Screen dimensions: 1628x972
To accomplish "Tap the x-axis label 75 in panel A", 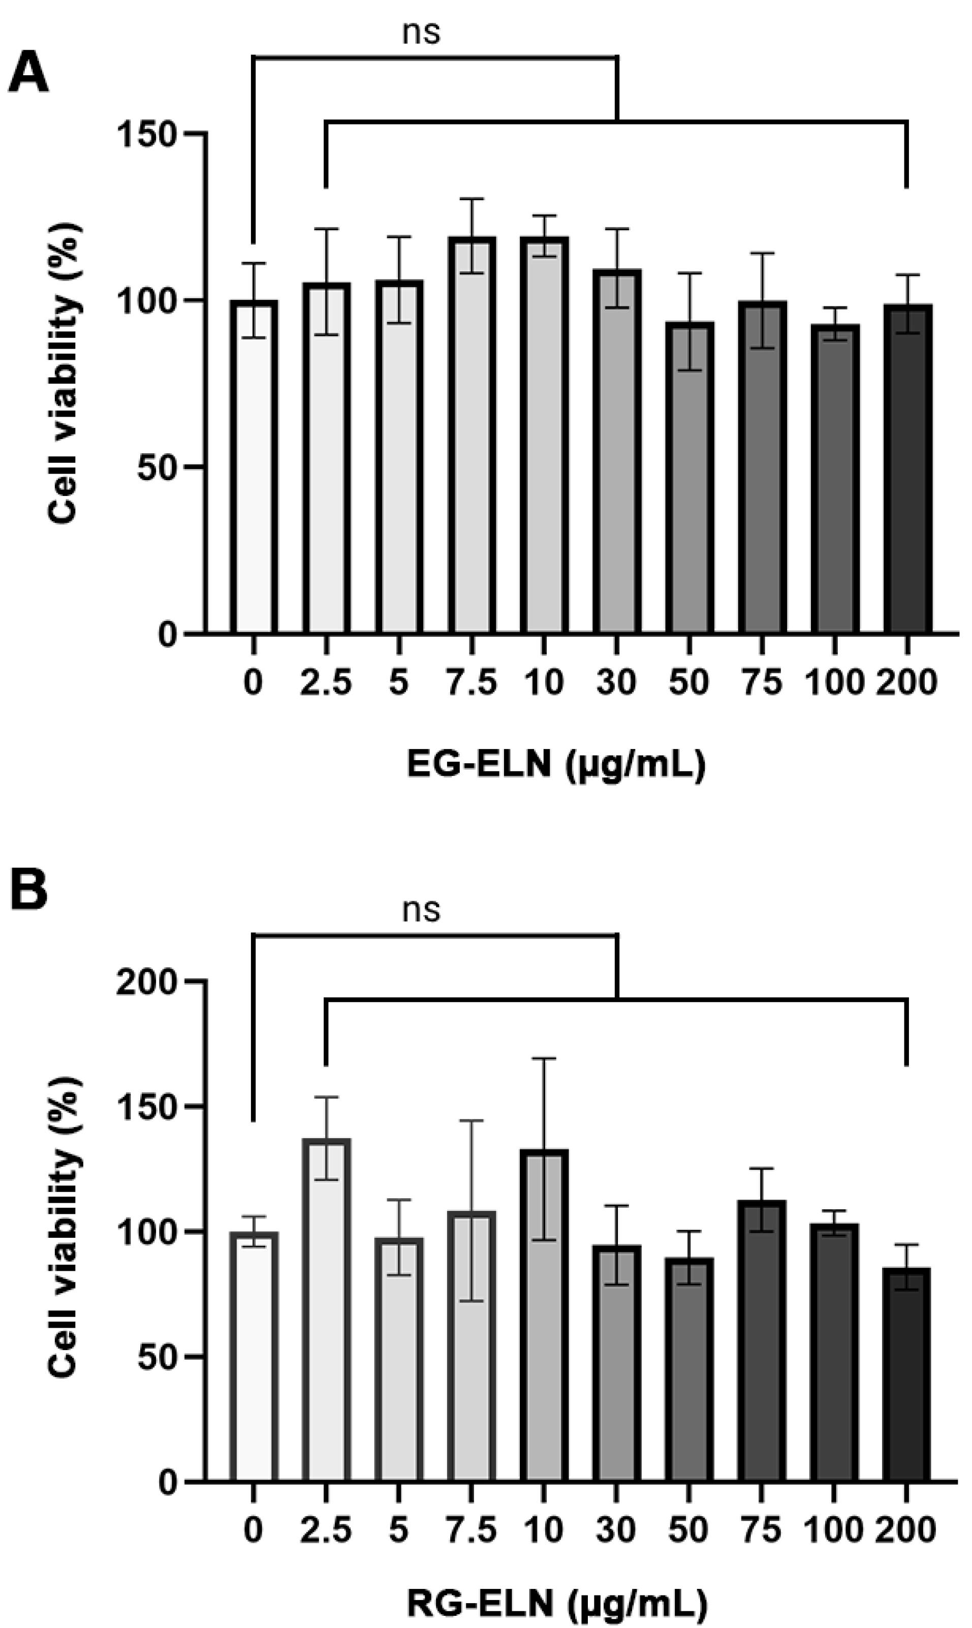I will point(762,683).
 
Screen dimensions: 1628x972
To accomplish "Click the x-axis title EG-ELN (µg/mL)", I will point(556,764).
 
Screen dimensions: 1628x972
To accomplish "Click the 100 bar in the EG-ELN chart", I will point(834,478).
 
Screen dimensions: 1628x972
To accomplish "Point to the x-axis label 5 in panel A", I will point(398,683).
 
